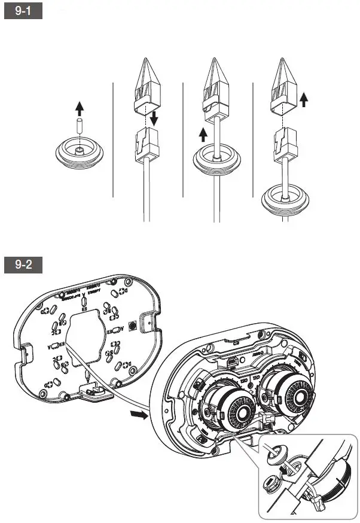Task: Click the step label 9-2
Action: tap(23, 264)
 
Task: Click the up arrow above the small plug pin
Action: tap(80, 108)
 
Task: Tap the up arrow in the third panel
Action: tap(202, 132)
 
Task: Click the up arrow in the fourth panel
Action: tap(304, 99)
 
